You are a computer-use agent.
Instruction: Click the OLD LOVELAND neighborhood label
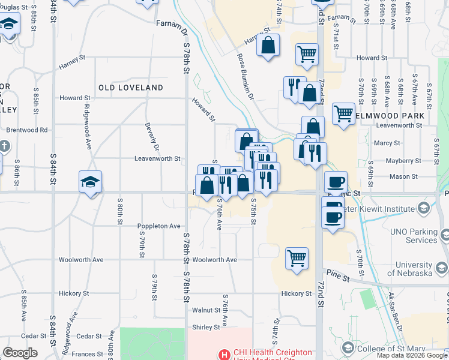tap(131, 88)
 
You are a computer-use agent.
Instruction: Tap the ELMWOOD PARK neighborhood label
tap(390, 115)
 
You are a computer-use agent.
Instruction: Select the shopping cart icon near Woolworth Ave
tap(297, 259)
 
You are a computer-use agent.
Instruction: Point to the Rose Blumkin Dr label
tap(245, 77)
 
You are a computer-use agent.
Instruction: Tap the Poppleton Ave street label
tap(159, 226)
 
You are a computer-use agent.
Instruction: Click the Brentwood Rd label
tap(26, 130)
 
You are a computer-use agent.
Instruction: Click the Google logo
tap(20, 353)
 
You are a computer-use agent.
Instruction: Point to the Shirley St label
tap(206, 327)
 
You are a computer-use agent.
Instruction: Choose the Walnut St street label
tap(206, 310)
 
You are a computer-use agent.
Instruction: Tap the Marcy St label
tap(387, 143)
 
